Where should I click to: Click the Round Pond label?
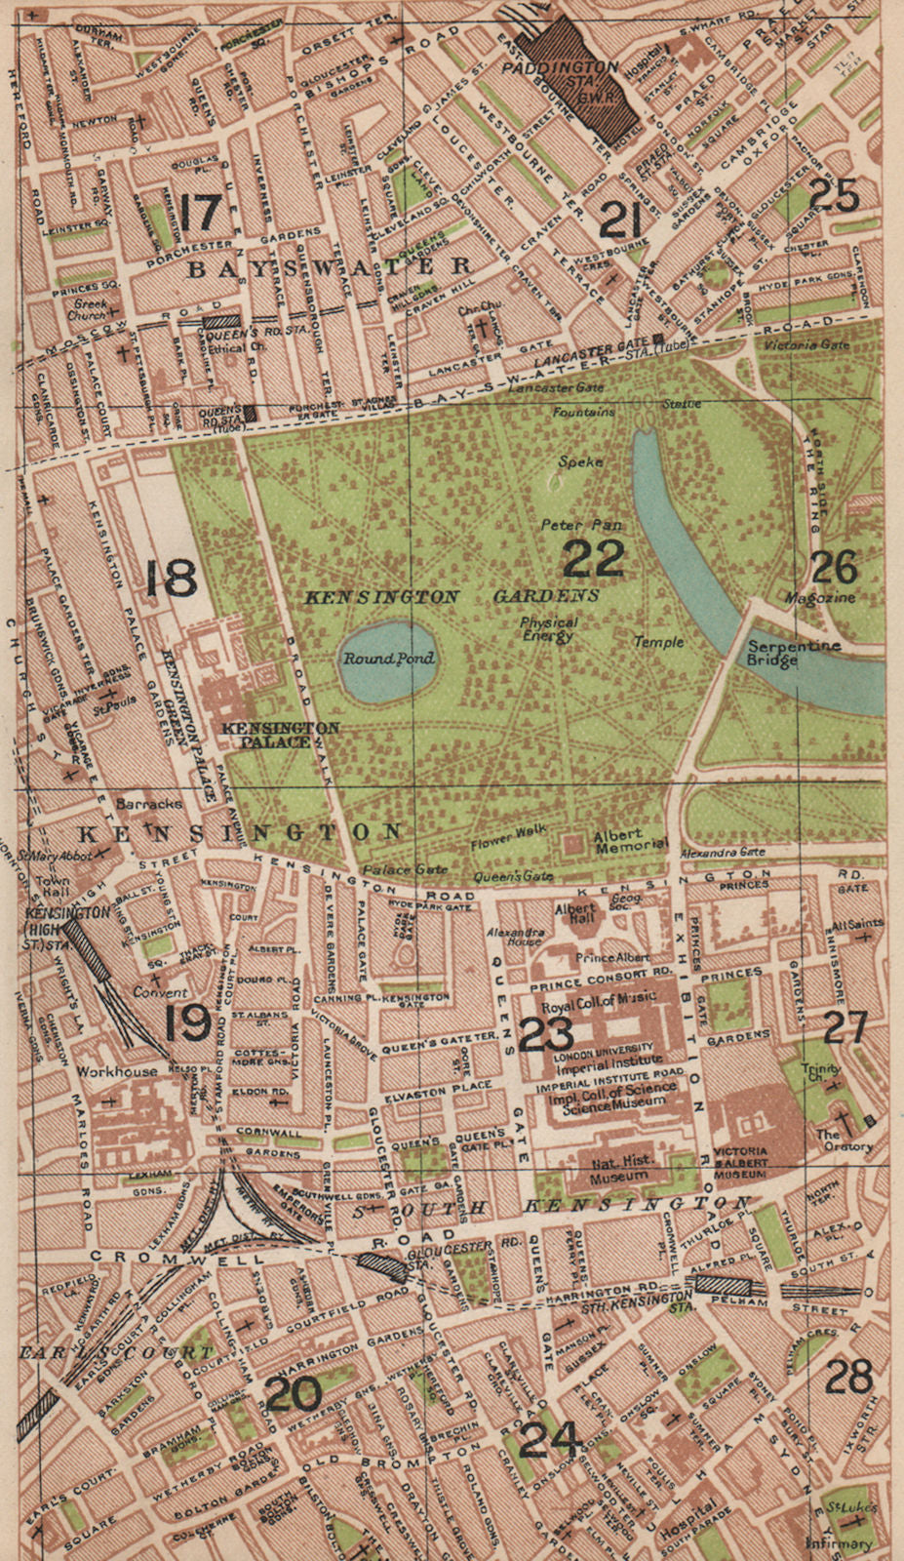[x=388, y=659]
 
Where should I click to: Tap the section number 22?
[x=594, y=559]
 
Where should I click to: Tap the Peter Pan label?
[x=582, y=525]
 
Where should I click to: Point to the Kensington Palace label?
[x=281, y=734]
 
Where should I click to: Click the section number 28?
[x=847, y=1377]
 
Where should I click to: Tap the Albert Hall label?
[x=575, y=914]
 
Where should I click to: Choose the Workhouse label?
[x=117, y=1071]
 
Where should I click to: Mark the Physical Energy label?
[x=548, y=629]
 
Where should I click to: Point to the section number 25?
[x=835, y=196]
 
